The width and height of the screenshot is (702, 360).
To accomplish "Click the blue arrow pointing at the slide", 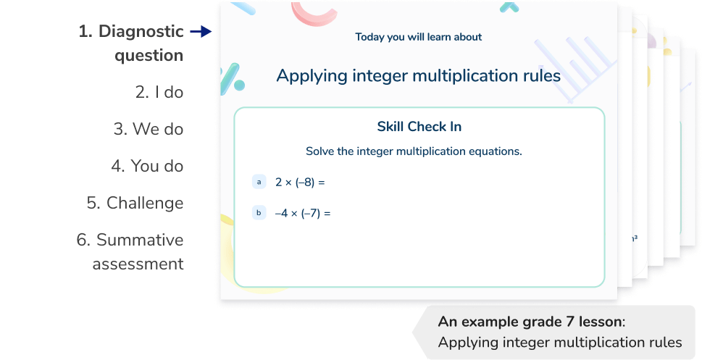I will (x=201, y=32).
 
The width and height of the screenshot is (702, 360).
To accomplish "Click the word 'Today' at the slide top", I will (x=369, y=37).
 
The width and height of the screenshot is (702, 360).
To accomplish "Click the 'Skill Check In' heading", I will (x=419, y=127).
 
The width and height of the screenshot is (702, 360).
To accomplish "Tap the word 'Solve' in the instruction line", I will (x=320, y=152).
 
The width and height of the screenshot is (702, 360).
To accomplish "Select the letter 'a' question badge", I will (x=259, y=182).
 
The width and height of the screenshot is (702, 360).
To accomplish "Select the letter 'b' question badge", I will (x=259, y=213).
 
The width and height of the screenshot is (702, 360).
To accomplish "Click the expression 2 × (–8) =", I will (x=299, y=183).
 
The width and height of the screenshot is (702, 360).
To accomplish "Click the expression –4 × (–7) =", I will (x=302, y=214).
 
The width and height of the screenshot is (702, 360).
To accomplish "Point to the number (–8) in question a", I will (x=305, y=183).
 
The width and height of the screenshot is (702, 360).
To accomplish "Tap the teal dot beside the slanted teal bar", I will (x=239, y=85).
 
